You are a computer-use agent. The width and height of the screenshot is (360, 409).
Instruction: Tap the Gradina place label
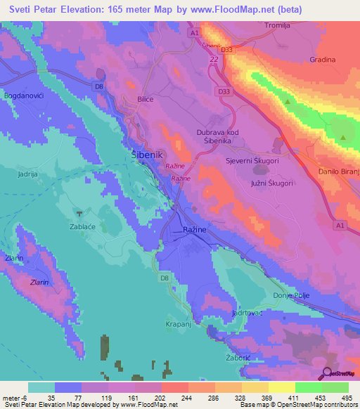(322, 60)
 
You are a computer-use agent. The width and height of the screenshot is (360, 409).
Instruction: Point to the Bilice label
(146, 100)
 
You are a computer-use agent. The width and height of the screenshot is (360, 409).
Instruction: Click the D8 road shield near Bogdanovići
(99, 86)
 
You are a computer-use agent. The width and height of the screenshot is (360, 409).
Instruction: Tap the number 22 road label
(213, 60)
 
